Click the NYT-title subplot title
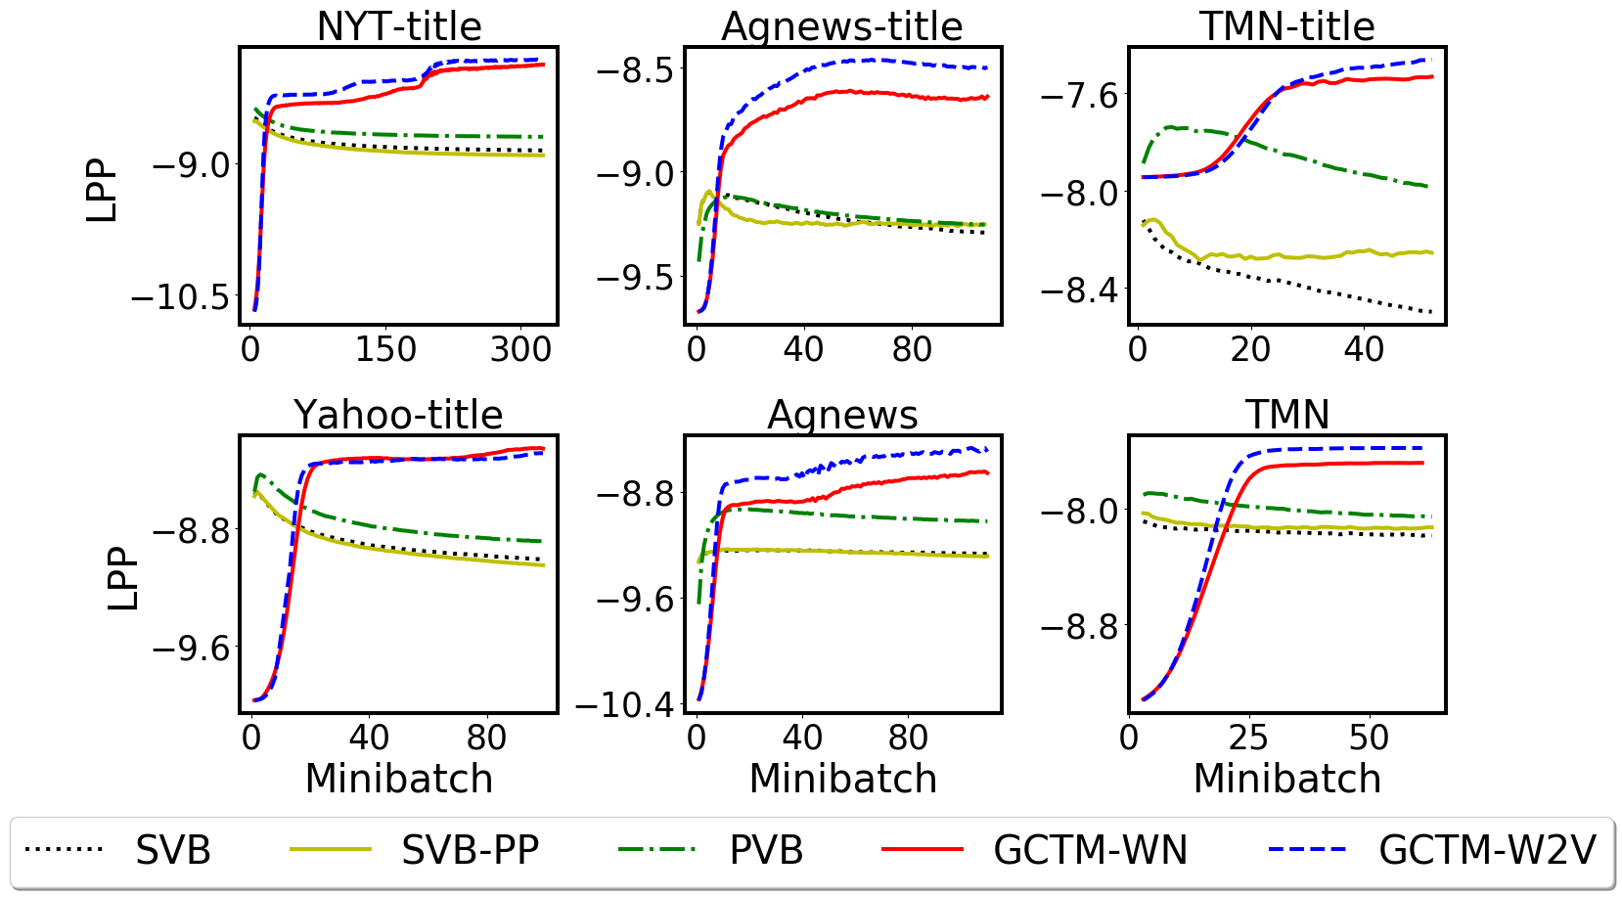click(x=399, y=26)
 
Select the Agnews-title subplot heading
click(x=841, y=26)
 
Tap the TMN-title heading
click(x=1286, y=26)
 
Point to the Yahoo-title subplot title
click(x=398, y=415)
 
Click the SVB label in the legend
click(x=173, y=850)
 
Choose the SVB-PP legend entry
click(x=470, y=850)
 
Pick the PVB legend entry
click(x=766, y=850)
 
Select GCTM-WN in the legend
click(x=1090, y=850)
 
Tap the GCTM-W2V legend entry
click(x=1487, y=850)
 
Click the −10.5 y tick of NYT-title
click(x=180, y=296)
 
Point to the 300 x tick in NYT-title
click(x=520, y=349)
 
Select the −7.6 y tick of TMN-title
click(x=1078, y=95)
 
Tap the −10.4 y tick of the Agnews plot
click(x=625, y=703)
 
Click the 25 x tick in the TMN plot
click(x=1248, y=738)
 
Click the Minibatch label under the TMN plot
click(x=1286, y=779)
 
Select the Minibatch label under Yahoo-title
click(x=398, y=779)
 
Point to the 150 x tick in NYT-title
click(x=385, y=349)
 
